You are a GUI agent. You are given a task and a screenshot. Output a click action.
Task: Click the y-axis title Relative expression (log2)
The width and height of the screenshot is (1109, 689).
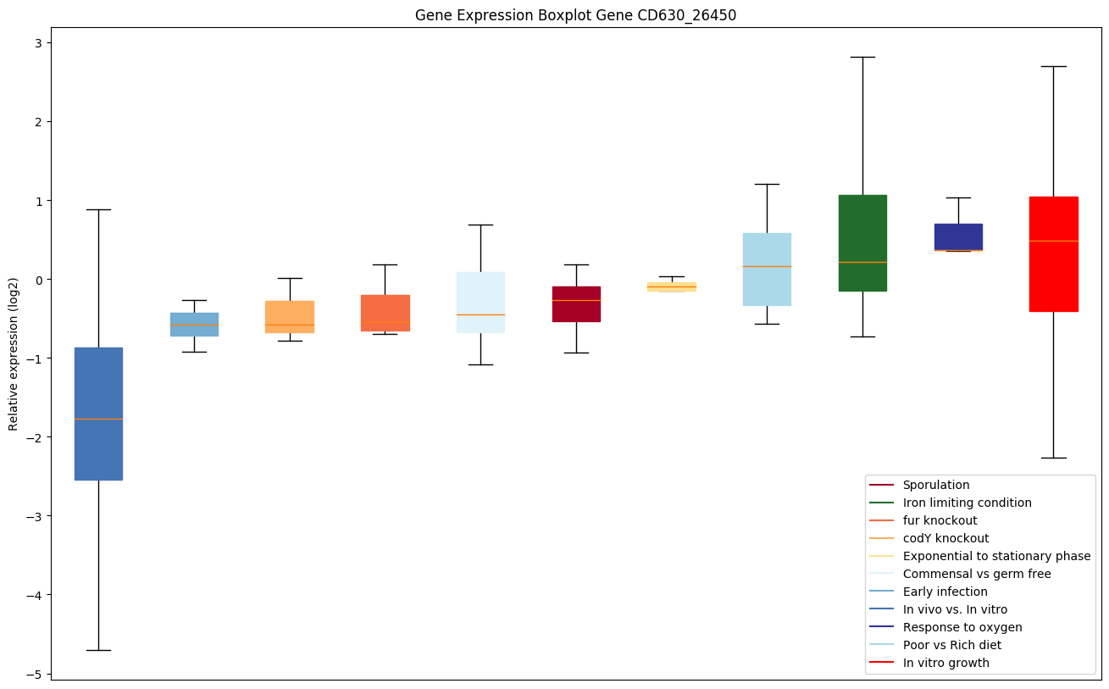coord(14,353)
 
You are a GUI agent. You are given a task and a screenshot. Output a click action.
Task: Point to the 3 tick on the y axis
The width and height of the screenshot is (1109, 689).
coord(47,43)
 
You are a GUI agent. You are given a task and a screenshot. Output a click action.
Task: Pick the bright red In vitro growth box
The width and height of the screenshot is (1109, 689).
coord(1053,254)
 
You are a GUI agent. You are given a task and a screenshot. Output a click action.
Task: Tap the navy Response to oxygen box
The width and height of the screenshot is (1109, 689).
coord(958,237)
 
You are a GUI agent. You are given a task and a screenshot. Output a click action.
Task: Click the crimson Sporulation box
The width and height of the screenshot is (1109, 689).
coord(576,303)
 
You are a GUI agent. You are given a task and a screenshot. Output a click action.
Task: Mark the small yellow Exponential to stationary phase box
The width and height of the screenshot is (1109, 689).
coord(672,286)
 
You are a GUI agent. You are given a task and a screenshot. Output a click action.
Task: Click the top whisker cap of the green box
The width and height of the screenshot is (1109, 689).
coord(862,57)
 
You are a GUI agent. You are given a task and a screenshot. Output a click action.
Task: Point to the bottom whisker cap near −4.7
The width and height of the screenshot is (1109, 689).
coord(98,650)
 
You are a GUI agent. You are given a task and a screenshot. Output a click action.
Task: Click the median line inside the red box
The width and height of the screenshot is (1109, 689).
coord(1053,241)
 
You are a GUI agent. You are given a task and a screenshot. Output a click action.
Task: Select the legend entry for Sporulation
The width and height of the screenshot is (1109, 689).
coord(935,485)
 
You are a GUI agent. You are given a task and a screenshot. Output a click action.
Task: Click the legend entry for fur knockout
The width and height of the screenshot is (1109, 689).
coord(940,520)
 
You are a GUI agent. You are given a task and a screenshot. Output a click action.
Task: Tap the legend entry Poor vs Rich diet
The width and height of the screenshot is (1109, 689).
coord(951,645)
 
